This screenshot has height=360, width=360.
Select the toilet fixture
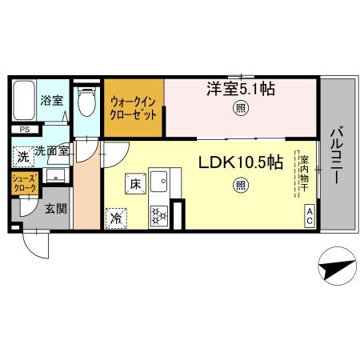coord(86,102)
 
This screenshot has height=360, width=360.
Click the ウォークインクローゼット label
coord(134,108)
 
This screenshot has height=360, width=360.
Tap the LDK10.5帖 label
coord(240,162)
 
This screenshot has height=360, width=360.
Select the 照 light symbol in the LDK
coord(240,186)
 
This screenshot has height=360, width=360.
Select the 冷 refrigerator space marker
coord(117,215)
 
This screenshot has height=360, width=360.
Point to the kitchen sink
coord(158,182)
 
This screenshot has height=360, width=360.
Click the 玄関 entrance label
coord(54,210)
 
